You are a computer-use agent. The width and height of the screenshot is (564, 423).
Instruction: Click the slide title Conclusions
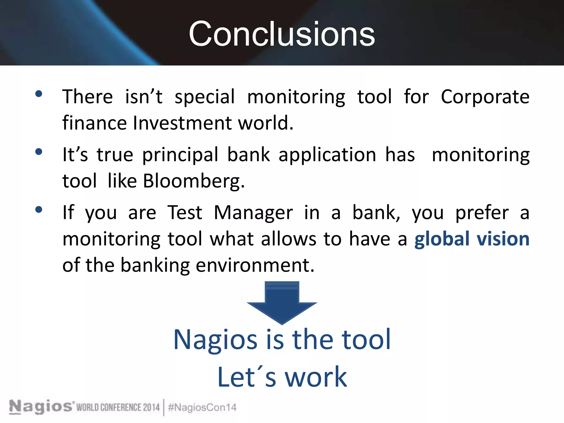pyautogui.click(x=282, y=34)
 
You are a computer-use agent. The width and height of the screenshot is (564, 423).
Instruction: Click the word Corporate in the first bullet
pyautogui.click(x=485, y=97)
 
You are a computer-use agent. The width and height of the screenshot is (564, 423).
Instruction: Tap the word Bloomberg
pyautogui.click(x=194, y=181)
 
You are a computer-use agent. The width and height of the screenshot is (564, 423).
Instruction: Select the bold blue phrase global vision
pyautogui.click(x=472, y=238)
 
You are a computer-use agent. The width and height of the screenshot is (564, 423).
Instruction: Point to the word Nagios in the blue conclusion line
pyautogui.click(x=215, y=340)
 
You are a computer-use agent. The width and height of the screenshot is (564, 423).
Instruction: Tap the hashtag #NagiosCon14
pyautogui.click(x=202, y=407)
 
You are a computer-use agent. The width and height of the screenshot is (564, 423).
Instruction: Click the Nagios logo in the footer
pyautogui.click(x=41, y=406)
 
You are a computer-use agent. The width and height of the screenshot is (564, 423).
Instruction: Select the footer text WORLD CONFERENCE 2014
pyautogui.click(x=118, y=407)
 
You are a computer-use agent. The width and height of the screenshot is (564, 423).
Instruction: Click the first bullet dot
pyautogui.click(x=39, y=94)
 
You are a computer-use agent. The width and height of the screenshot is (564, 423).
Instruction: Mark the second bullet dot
pyautogui.click(x=39, y=152)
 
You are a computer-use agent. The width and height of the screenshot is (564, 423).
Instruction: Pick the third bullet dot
pyautogui.click(x=39, y=210)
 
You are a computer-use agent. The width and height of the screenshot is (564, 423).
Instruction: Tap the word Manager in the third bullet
pyautogui.click(x=253, y=213)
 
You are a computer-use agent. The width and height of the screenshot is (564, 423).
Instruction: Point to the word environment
pyautogui.click(x=255, y=265)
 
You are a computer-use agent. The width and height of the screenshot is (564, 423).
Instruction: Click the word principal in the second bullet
pyautogui.click(x=180, y=155)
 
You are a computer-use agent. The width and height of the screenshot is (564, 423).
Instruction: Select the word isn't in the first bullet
pyautogui.click(x=143, y=97)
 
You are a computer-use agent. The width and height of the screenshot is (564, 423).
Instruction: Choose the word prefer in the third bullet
pyautogui.click(x=482, y=213)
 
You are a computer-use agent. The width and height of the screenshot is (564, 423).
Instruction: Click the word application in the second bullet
pyautogui.click(x=327, y=155)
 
